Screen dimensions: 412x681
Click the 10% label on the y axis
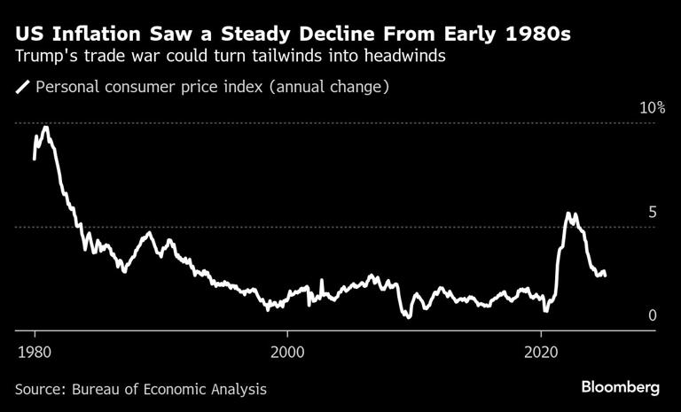[x=652, y=108]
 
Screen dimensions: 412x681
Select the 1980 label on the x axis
[x=35, y=349]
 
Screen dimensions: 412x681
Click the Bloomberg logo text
[x=621, y=387]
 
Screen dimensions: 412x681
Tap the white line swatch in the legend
[x=22, y=87]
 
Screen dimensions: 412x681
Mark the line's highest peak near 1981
[x=45, y=128]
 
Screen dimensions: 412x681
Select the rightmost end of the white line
[x=606, y=274]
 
